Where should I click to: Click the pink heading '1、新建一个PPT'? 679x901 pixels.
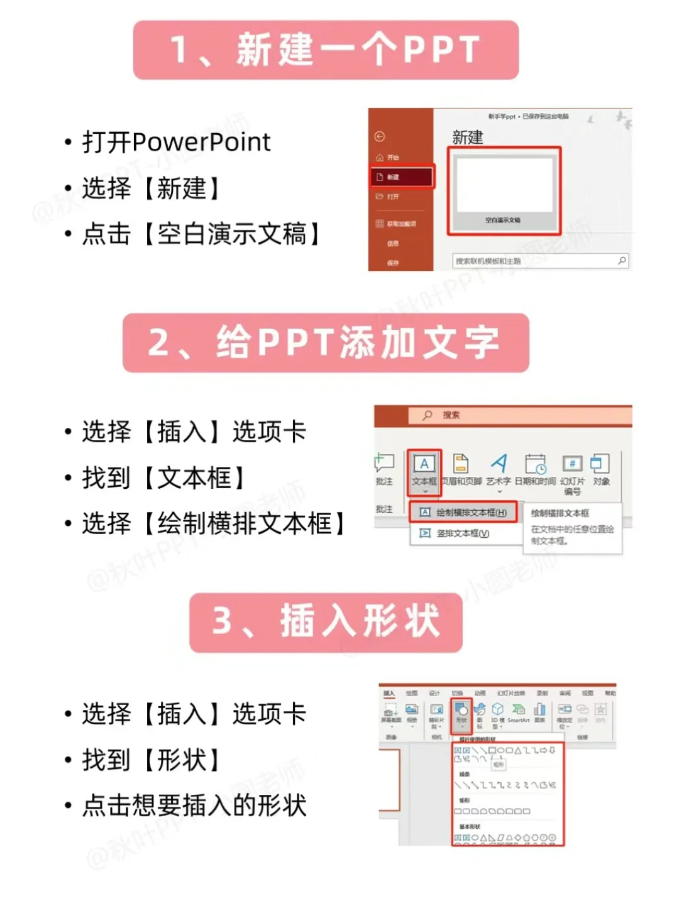tap(326, 50)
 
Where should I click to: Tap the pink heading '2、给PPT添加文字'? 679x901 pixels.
tap(326, 343)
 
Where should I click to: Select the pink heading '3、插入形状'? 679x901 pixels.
tap(326, 622)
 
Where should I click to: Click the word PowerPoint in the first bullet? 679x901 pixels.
tap(201, 142)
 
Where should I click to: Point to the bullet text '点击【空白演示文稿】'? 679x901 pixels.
tap(201, 234)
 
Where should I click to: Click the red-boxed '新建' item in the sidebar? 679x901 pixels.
tap(401, 177)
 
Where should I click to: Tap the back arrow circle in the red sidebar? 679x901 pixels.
tap(380, 136)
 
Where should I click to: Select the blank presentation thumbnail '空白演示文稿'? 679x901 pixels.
tap(504, 191)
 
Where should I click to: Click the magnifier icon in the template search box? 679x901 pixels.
tap(621, 261)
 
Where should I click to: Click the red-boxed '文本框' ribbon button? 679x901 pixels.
tap(424, 471)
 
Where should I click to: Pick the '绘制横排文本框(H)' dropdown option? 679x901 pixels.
tap(464, 513)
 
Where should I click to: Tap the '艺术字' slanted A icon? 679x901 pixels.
tap(499, 464)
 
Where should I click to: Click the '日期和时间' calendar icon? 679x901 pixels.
tap(536, 464)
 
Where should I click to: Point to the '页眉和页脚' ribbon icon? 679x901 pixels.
tap(461, 464)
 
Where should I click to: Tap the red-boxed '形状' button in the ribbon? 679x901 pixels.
tap(461, 713)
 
